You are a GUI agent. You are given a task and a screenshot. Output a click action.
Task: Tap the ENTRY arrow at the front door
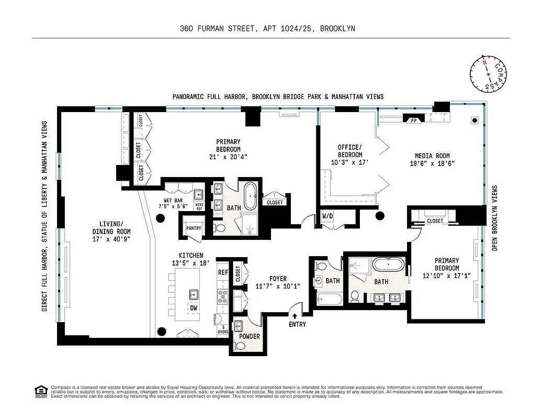tap(295, 316)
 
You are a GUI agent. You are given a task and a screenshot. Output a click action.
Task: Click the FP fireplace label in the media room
tap(414, 120)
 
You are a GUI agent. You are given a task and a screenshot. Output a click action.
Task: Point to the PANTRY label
tap(193, 228)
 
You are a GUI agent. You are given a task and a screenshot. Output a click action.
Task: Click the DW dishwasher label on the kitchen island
tap(193, 308)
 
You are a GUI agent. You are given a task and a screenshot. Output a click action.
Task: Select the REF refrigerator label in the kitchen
tap(223, 272)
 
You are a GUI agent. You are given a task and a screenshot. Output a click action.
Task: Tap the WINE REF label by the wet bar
tap(199, 206)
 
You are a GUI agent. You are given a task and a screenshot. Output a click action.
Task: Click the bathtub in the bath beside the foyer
tap(330, 300)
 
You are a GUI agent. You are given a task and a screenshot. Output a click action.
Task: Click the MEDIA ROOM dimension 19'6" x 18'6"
tap(432, 163)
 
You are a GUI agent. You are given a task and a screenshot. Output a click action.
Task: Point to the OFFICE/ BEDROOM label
tap(349, 151)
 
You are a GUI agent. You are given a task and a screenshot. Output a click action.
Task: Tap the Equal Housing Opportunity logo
tap(39, 391)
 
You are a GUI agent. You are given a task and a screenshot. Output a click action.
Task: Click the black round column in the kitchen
tap(162, 330)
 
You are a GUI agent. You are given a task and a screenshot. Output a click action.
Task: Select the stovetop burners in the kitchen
tap(223, 297)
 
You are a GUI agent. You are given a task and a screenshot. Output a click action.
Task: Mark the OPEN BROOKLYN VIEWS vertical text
tap(494, 218)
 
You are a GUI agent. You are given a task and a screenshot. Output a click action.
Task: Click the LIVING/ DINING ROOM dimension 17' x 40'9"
tap(111, 238)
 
